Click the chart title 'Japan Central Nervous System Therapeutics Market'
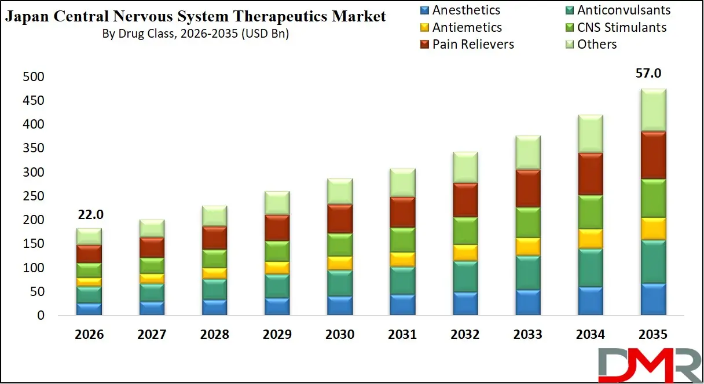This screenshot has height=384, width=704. tap(195, 17)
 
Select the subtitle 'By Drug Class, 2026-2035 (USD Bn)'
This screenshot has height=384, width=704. tap(195, 34)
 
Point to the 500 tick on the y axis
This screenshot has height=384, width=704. tap(32, 77)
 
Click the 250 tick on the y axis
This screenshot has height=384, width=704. tap(32, 196)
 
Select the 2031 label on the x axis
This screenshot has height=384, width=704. tap(402, 335)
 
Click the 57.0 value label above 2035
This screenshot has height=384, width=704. tap(648, 74)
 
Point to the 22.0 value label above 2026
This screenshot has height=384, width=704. tap(90, 214)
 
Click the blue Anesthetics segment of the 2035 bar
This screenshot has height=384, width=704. tap(652, 299)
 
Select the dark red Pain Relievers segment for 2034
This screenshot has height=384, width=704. tap(590, 174)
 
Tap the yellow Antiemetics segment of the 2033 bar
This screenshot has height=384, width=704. tap(527, 247)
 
